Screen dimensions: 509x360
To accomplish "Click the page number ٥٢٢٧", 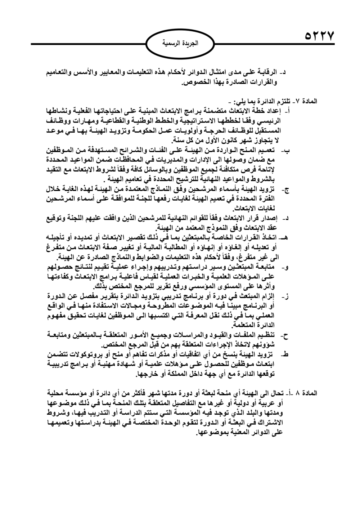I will (x=320, y=37).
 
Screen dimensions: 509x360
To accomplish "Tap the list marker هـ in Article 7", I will (x=287, y=237).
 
